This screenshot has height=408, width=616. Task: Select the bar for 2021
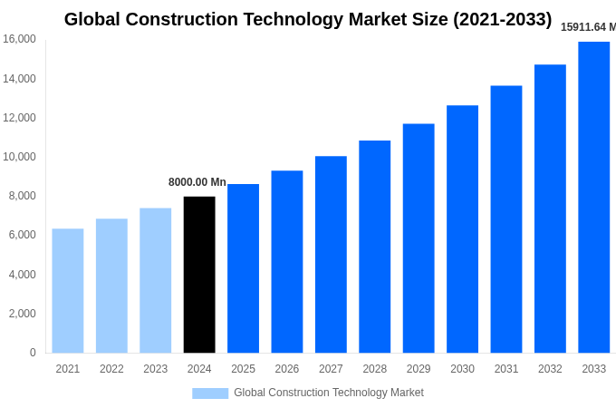[x=68, y=290]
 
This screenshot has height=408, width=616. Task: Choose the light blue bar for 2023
[x=155, y=280]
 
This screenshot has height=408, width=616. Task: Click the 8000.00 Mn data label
[x=197, y=182]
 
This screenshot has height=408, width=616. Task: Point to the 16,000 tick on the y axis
[x=19, y=39]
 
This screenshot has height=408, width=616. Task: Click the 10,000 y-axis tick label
[x=19, y=157]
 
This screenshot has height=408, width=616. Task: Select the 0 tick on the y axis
[x=33, y=353]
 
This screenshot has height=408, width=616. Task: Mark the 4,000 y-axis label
[x=19, y=275]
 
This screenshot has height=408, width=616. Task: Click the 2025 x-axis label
[x=243, y=369]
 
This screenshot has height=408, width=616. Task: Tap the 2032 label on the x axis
[x=550, y=369]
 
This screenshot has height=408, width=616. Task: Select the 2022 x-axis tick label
[x=111, y=369]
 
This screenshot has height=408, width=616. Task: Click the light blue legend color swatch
[x=210, y=393]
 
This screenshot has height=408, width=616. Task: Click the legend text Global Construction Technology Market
[x=329, y=393]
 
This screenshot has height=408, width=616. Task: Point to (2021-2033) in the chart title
[x=503, y=19]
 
